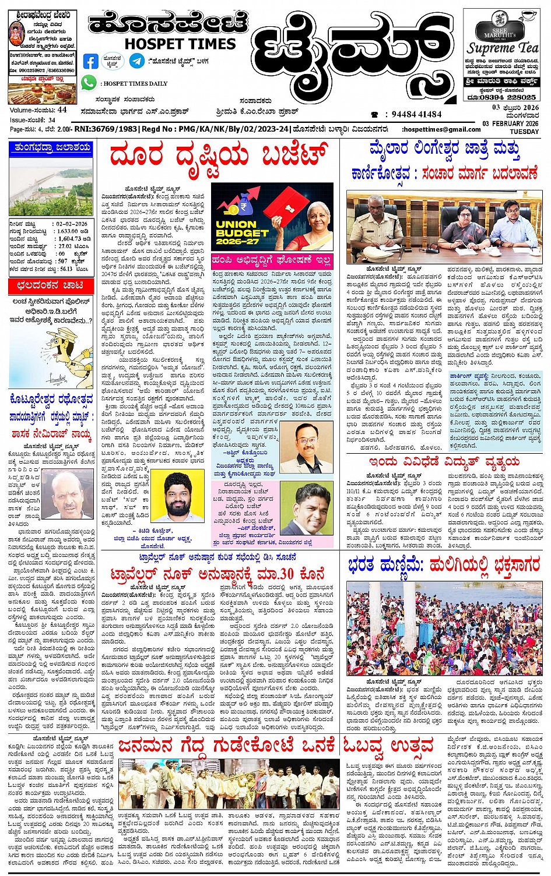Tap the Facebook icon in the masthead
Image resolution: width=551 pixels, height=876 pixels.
coord(90,61)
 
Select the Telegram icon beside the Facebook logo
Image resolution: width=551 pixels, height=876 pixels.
coord(136,61)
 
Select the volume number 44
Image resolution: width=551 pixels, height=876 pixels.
coord(62,110)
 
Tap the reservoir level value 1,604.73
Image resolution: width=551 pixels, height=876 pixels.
coord(69,239)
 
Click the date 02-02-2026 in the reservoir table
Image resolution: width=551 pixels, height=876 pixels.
coord(72,224)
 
